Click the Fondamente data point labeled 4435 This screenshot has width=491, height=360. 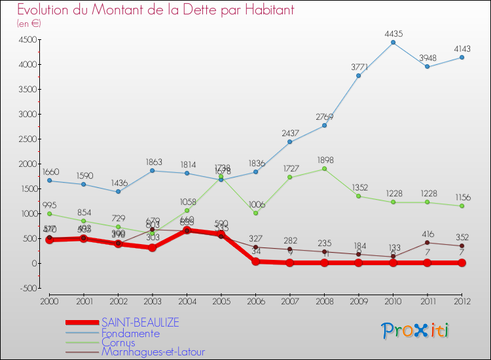[x=393, y=43]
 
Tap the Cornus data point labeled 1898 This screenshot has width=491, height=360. [x=324, y=169]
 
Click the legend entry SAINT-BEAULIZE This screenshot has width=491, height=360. [x=140, y=323]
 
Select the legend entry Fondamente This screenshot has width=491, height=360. [x=130, y=333]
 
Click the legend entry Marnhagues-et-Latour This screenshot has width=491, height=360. [x=153, y=352]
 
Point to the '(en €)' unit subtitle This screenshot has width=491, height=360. [x=29, y=24]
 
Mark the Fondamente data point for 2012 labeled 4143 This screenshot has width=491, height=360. [x=462, y=57]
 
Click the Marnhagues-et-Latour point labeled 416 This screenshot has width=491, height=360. [x=427, y=242]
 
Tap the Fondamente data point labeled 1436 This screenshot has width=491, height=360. [x=118, y=192]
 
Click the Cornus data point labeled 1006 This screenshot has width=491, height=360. [x=255, y=213]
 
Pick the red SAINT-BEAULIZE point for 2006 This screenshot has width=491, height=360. [x=255, y=261]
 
